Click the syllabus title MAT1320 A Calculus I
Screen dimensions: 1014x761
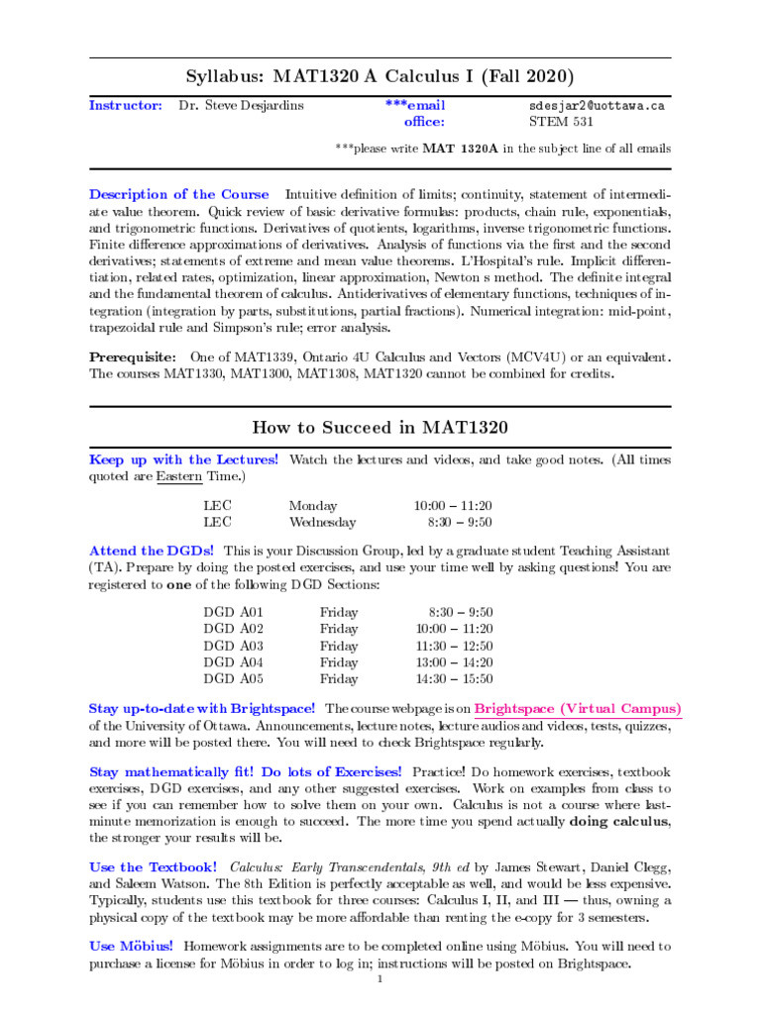coord(380,76)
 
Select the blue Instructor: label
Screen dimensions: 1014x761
coord(126,105)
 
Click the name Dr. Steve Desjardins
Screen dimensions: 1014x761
coord(242,105)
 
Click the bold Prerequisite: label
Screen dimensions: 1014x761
coord(134,356)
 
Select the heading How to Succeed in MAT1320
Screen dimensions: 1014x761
coord(380,428)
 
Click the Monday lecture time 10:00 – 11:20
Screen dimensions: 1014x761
coord(453,505)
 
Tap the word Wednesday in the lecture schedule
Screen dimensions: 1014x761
coord(322,522)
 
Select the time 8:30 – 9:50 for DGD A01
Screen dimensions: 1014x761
coord(461,612)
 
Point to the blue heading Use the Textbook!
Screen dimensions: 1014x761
coord(153,866)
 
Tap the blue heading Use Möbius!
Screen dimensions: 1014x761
coord(131,947)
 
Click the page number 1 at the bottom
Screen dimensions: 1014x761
coord(380,979)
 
